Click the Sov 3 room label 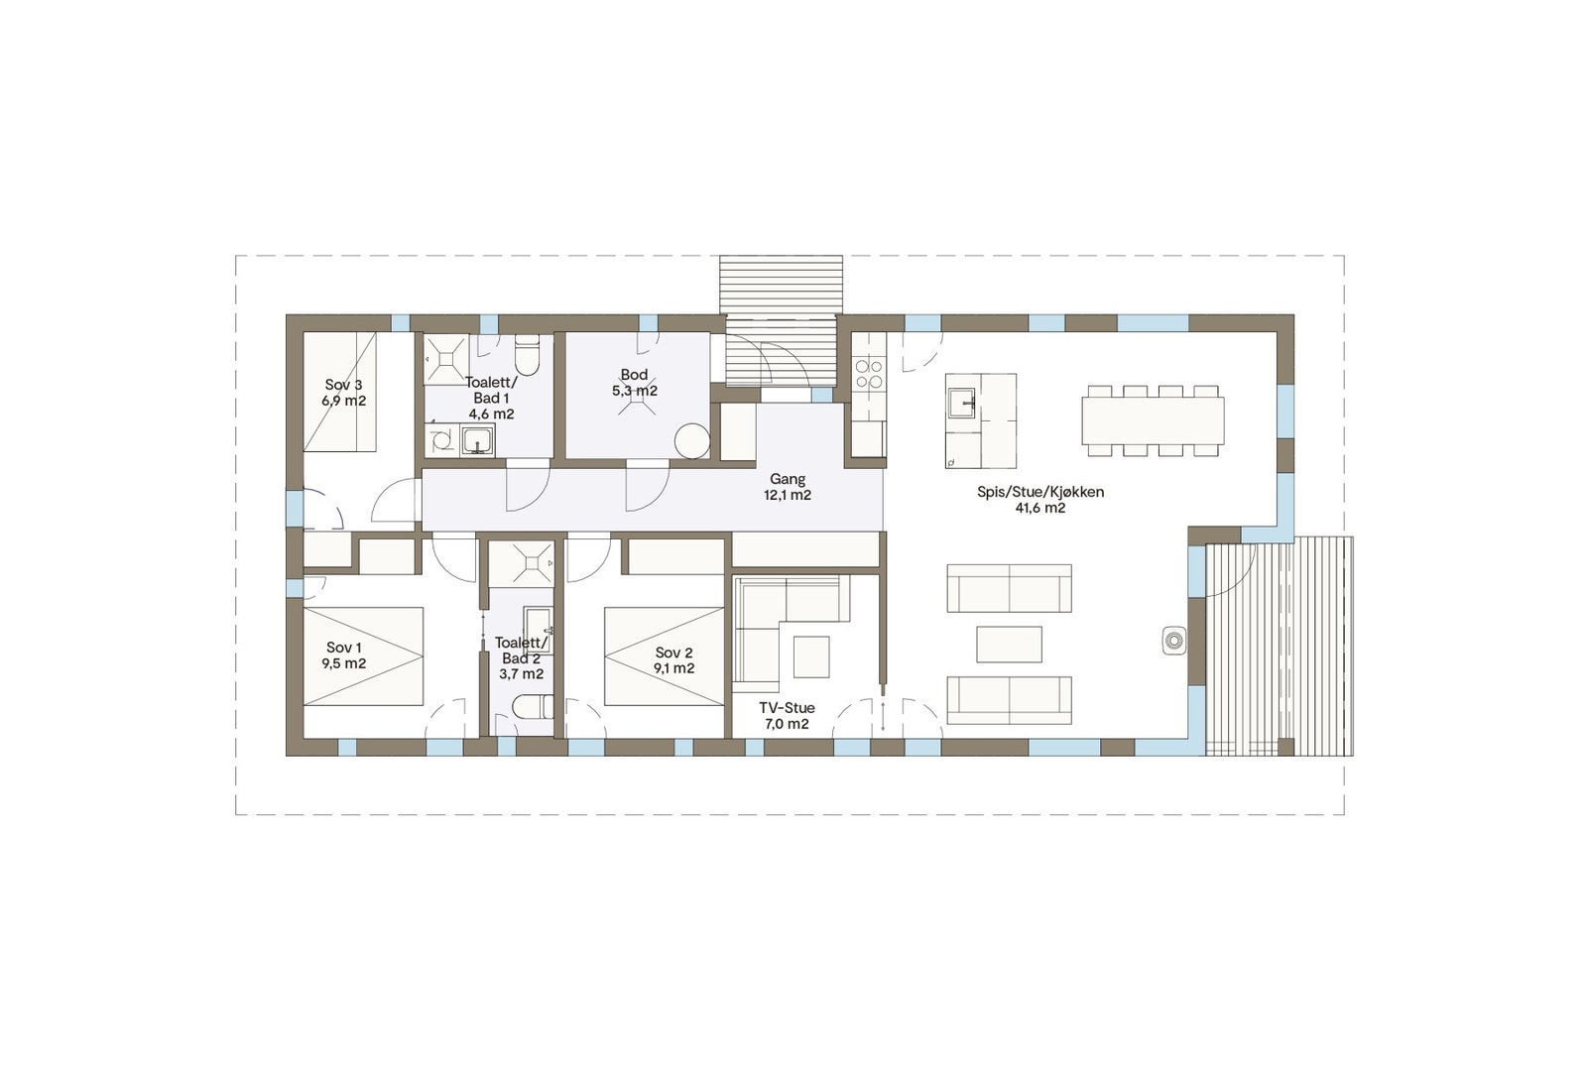pyautogui.click(x=343, y=385)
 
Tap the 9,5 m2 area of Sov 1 pyautogui.click(x=344, y=663)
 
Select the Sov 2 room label pyautogui.click(x=673, y=653)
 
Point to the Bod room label pyautogui.click(x=634, y=375)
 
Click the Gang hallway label pyautogui.click(x=788, y=479)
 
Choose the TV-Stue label pyautogui.click(x=787, y=707)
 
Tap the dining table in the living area pyautogui.click(x=1153, y=420)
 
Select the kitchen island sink pyautogui.click(x=962, y=402)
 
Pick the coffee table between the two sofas pyautogui.click(x=1009, y=644)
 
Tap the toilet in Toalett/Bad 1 pyautogui.click(x=527, y=357)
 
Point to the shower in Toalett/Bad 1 pyautogui.click(x=445, y=358)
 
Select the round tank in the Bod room pyautogui.click(x=691, y=441)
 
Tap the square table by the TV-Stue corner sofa pyautogui.click(x=810, y=655)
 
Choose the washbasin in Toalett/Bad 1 pyautogui.click(x=479, y=440)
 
